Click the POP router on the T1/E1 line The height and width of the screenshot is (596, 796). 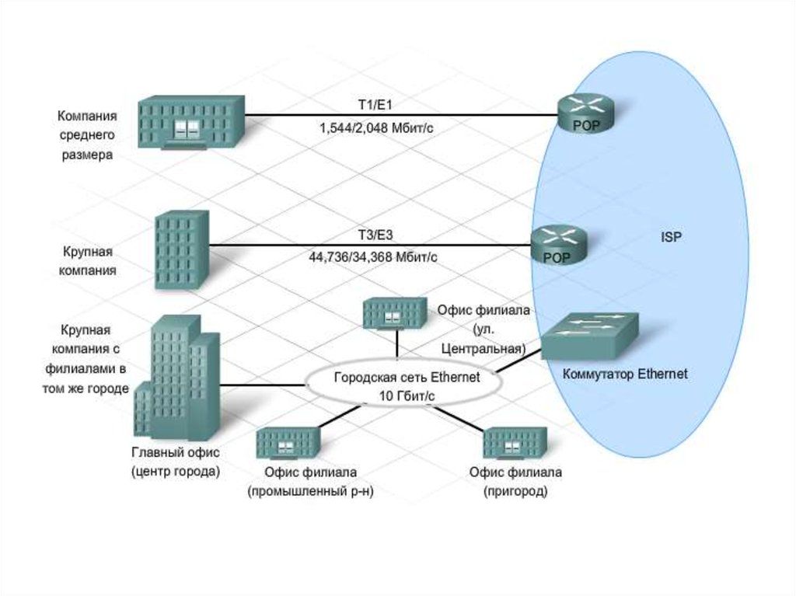584,113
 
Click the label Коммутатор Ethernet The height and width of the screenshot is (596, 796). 626,374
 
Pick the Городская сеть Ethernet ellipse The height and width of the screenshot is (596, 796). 401,386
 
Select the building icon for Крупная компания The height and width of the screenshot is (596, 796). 181,250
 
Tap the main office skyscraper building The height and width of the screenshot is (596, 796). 176,376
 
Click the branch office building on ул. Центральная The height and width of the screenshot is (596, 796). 394,312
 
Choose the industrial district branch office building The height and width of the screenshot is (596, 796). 287,444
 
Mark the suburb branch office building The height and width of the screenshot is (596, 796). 515,444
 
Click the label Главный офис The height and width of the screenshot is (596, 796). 176,452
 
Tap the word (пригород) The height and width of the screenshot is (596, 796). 515,491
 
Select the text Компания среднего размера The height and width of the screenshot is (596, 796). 87,135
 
